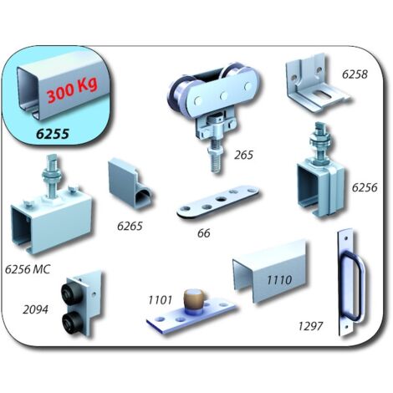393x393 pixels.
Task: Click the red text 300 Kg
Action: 72,90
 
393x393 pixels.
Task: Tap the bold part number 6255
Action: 53,134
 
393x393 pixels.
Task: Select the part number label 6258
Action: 355,74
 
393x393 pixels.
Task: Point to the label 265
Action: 243,155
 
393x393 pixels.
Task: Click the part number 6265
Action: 130,226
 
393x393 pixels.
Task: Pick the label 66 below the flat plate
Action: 203,233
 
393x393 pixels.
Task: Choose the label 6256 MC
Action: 28,269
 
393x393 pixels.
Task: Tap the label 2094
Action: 35,309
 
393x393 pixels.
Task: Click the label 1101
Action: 160,300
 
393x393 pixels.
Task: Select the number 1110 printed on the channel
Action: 279,280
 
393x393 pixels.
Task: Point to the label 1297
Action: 310,326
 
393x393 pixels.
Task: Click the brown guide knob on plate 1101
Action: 194,301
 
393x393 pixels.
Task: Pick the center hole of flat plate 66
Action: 222,200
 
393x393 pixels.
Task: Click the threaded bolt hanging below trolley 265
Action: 216,156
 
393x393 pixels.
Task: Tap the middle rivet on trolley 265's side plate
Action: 223,96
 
